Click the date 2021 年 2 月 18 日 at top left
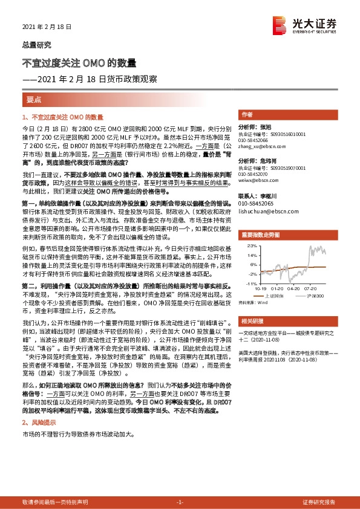(x=47, y=27)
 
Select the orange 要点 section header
(x=34, y=98)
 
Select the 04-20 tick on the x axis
(x=292, y=288)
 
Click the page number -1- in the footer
(x=180, y=502)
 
